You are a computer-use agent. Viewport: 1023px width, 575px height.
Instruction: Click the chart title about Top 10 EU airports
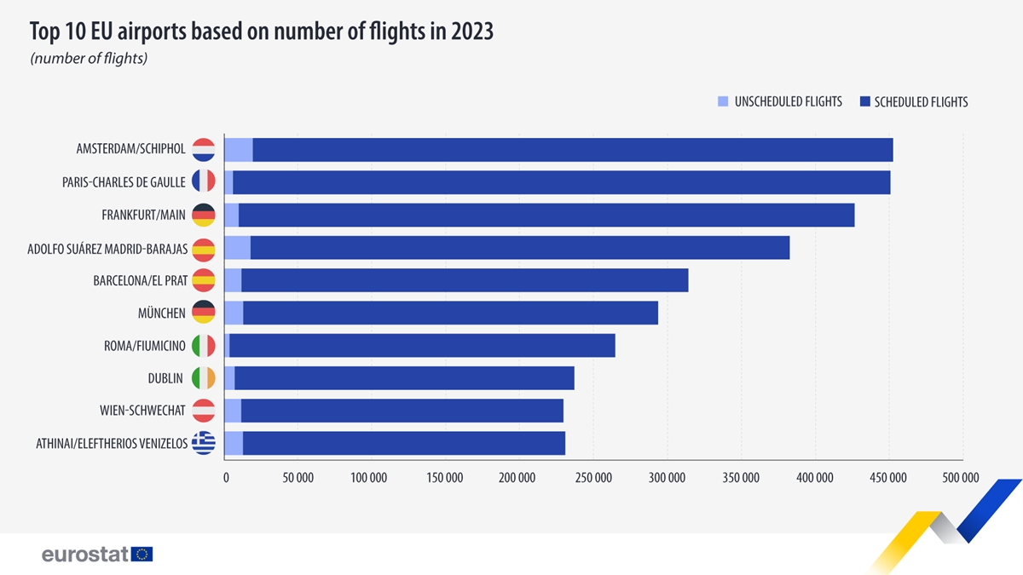(x=261, y=32)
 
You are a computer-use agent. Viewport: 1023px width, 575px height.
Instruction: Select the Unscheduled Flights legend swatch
(x=724, y=101)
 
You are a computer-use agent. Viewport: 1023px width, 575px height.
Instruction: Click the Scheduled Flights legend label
(x=921, y=101)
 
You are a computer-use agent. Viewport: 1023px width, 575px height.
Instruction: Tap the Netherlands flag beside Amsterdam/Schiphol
(x=203, y=149)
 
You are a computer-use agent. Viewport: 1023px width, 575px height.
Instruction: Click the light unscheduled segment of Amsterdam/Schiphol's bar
(x=239, y=149)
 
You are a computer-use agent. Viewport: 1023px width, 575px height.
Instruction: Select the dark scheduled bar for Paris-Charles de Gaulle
(x=563, y=182)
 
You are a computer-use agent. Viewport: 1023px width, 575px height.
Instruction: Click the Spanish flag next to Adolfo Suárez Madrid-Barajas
(x=203, y=248)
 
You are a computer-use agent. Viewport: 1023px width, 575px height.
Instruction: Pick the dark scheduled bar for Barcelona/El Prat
(x=465, y=280)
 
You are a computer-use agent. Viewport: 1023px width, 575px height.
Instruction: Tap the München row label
(x=161, y=313)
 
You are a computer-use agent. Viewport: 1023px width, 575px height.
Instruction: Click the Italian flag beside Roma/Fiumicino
(x=203, y=345)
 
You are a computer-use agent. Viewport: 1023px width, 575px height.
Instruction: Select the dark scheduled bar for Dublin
(x=405, y=378)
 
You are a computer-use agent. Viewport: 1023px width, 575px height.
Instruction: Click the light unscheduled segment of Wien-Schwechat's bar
(x=232, y=411)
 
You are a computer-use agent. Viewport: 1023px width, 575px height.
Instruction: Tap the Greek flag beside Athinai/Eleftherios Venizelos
(x=203, y=443)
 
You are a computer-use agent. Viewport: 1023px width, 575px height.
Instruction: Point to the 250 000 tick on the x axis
(x=593, y=477)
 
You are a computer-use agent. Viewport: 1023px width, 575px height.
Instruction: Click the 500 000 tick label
(x=962, y=477)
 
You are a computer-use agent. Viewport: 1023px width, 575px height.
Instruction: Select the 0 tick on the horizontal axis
(x=226, y=477)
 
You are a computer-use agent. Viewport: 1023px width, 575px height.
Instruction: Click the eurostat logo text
(x=85, y=555)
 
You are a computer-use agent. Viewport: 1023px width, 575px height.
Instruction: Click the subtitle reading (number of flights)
(x=89, y=59)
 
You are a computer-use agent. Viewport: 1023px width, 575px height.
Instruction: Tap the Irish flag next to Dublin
(x=203, y=378)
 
